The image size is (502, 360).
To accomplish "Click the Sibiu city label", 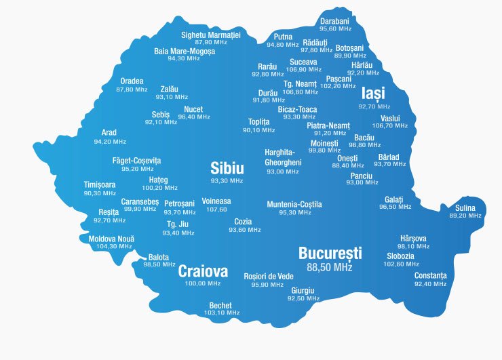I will coord(227,168).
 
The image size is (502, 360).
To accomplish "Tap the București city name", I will coord(330,254).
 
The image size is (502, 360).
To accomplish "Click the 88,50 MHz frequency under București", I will coord(330,268).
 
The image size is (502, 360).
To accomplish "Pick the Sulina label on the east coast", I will coord(465,208).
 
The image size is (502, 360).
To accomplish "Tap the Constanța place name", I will coord(430,275).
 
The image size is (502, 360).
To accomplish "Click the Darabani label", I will coord(335,21).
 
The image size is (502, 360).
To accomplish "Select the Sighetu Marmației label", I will coord(211,35).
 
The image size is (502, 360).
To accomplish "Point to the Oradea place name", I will coord(132,81).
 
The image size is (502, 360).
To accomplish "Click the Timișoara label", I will coord(100,185).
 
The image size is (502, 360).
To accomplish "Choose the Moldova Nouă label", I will coord(111,239).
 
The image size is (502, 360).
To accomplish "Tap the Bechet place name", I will coord(221,305).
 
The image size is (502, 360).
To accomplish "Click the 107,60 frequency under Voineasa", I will coord(216,209).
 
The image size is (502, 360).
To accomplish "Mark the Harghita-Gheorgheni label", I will coord(283,157).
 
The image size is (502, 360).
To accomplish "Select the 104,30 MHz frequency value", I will coord(111,247).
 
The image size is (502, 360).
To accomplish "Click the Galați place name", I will coord(394,199).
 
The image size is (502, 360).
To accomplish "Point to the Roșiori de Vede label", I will coord(269,276).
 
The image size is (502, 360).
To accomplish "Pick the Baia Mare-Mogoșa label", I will coord(185,51).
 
